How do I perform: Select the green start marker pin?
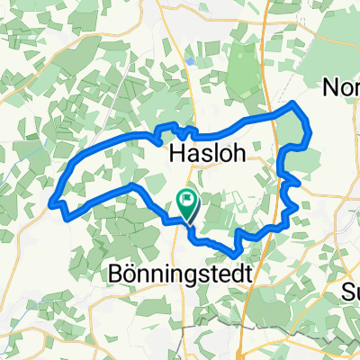(x=189, y=206)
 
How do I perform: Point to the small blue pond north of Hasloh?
(x=192, y=61)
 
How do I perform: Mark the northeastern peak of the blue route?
(x=293, y=104)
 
